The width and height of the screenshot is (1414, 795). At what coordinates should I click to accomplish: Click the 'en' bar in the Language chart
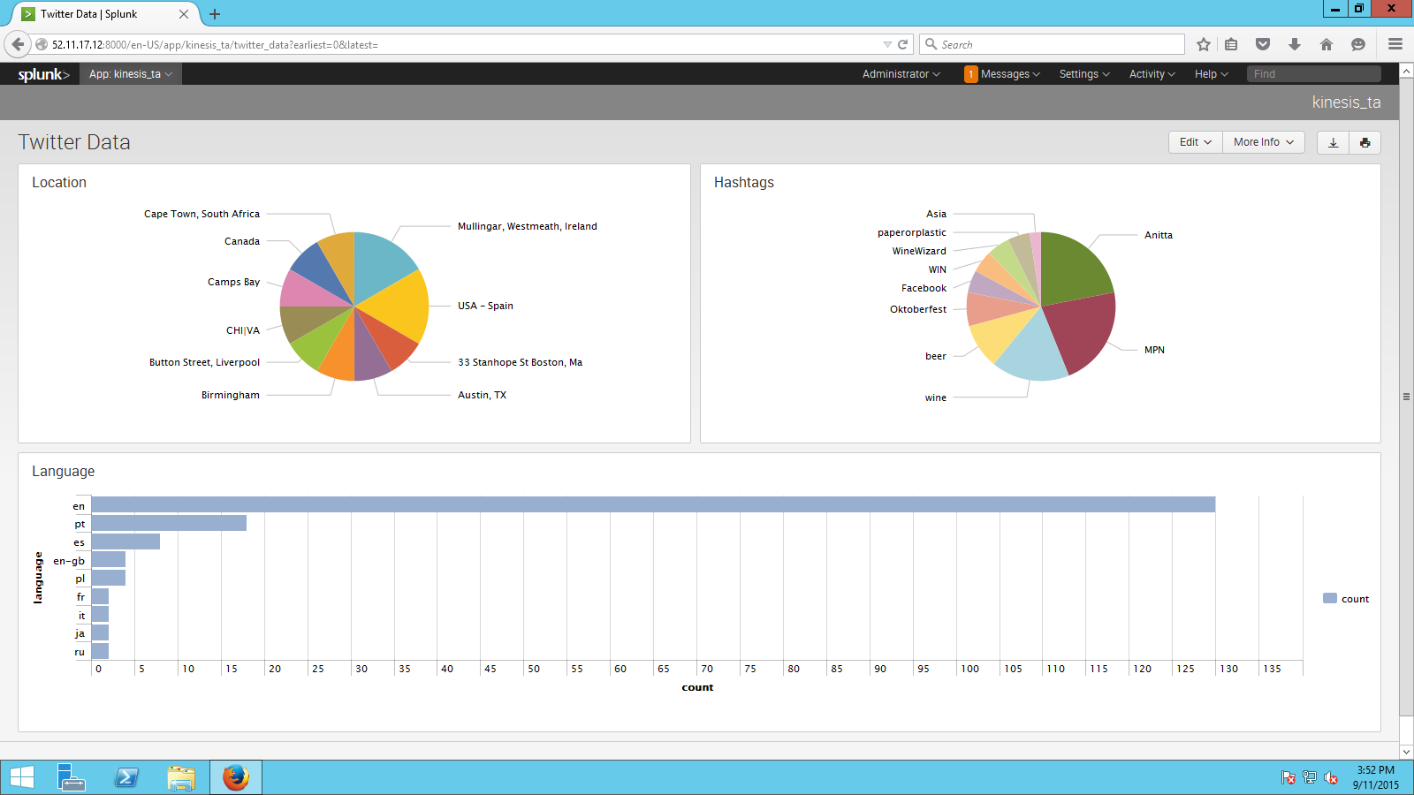653,504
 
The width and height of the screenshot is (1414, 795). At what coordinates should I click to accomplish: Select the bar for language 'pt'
169,523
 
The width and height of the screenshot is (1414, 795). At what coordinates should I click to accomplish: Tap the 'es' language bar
125,541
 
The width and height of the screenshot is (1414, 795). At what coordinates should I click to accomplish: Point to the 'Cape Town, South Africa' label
201,214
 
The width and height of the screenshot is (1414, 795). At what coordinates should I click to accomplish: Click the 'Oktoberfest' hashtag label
917,309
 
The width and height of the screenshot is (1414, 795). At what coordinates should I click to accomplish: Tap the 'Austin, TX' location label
482,395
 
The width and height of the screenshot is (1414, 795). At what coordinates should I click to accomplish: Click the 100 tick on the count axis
969,669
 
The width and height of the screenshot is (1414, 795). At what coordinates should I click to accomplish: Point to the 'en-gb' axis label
69,561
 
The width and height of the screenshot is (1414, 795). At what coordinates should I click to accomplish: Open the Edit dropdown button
1195,142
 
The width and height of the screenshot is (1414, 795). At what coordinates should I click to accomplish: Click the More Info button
1263,142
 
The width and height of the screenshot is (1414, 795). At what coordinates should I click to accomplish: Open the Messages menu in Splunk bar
1002,74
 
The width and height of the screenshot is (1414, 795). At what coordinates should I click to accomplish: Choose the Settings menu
1083,74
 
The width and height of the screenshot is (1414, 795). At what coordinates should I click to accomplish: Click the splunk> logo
43,74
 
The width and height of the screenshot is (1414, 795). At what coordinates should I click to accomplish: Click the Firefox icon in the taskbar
235,777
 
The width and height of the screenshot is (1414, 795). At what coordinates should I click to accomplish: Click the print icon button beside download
1365,142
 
